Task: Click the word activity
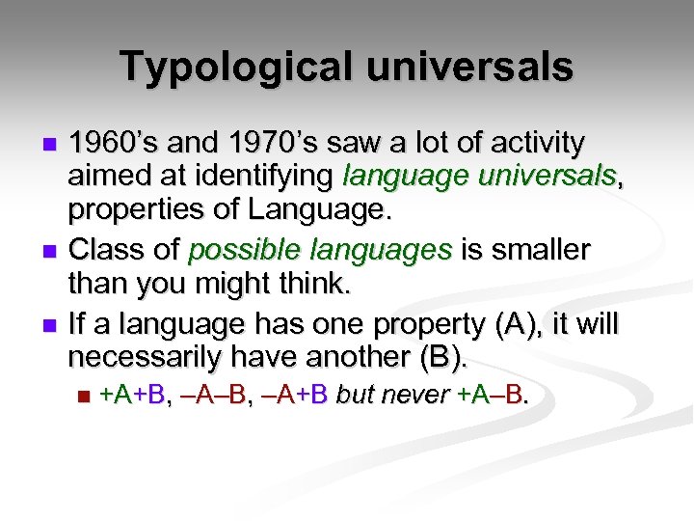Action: [x=537, y=144]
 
